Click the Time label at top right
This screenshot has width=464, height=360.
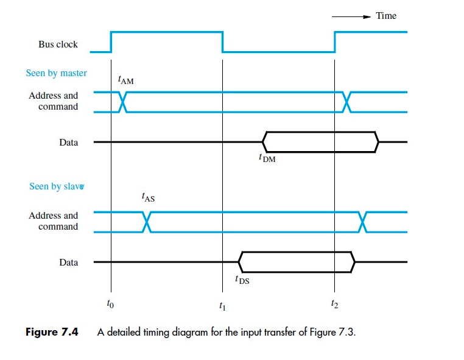tap(386, 16)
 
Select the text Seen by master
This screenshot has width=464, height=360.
tap(56, 73)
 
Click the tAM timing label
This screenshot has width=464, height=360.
tap(126, 80)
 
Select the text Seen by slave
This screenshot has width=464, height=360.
tap(55, 186)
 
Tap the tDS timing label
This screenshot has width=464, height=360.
tap(242, 280)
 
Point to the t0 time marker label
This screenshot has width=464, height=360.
tap(110, 303)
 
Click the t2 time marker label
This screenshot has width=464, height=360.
tap(334, 303)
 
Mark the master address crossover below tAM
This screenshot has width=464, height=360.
tap(123, 102)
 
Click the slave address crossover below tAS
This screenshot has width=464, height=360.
tap(146, 222)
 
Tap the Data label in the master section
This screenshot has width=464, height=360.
tap(68, 143)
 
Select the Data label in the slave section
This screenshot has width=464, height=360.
tap(68, 263)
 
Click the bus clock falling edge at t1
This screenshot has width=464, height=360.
tap(223, 41)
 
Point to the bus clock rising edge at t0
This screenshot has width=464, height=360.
tap(111, 41)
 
